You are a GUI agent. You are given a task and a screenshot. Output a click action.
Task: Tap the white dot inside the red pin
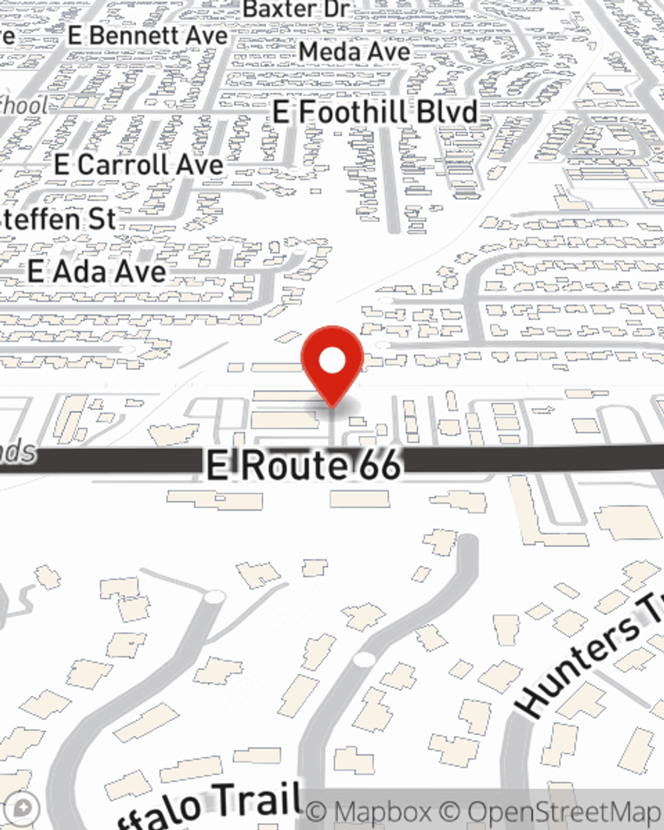[333, 362]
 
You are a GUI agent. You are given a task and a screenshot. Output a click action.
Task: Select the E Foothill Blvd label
[375, 112]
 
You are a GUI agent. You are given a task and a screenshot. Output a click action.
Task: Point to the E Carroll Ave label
[139, 165]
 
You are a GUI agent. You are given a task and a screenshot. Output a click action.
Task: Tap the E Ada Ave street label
[97, 272]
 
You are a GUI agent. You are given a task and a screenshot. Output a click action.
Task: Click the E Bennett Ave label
[147, 36]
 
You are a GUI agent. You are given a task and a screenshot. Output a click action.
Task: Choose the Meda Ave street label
[354, 51]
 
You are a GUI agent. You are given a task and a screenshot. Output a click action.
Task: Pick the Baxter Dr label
[296, 10]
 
